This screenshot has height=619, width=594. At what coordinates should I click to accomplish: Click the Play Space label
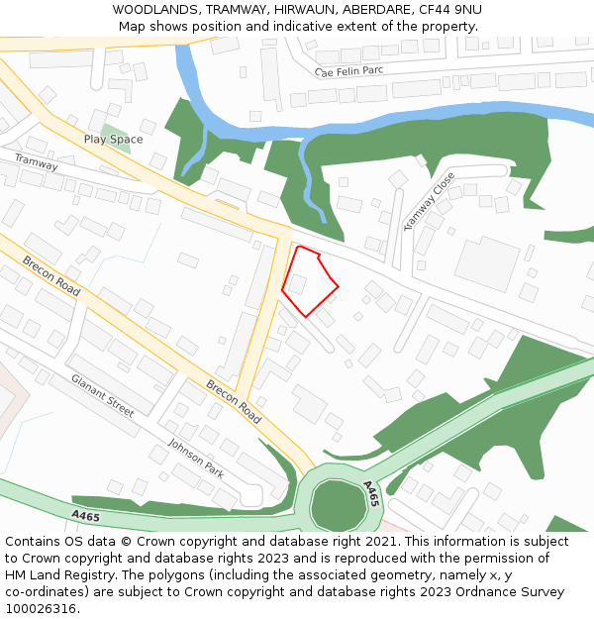pos(113,140)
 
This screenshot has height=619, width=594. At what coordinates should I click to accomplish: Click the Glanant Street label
pos(102,393)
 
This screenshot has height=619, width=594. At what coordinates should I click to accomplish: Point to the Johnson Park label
pos(196,459)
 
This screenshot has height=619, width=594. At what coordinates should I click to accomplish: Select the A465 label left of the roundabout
pos(86,515)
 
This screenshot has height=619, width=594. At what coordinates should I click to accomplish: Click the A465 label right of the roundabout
pos(371,494)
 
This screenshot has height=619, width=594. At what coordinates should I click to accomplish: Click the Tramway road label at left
pos(36,161)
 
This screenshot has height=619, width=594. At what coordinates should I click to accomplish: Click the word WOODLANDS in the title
pos(153,10)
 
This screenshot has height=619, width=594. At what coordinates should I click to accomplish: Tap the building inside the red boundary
pos(296,284)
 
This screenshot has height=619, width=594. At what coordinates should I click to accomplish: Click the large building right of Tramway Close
pos(487,262)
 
